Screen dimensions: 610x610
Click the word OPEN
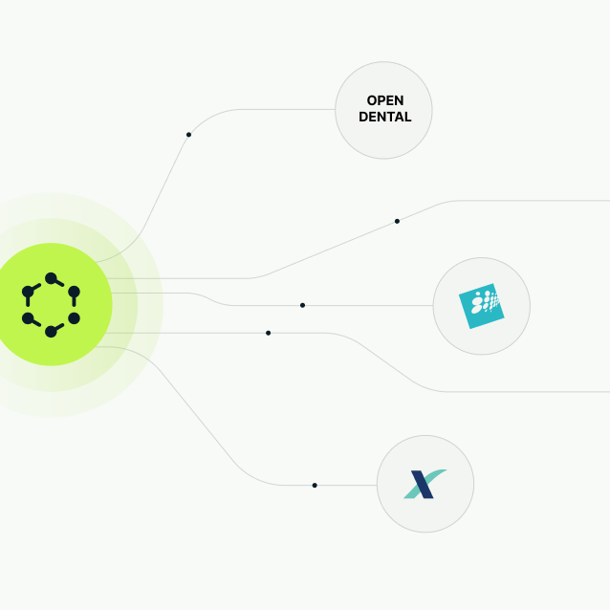pyautogui.click(x=384, y=101)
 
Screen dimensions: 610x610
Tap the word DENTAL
pyautogui.click(x=384, y=118)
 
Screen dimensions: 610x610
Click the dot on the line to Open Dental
pyautogui.click(x=188, y=135)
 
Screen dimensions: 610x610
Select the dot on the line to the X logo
pyautogui.click(x=315, y=486)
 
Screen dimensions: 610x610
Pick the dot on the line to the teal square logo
pyautogui.click(x=302, y=305)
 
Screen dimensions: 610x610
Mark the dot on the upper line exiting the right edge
pyautogui.click(x=397, y=221)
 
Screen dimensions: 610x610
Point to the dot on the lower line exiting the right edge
pyautogui.click(x=268, y=333)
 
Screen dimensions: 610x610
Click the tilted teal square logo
pyautogui.click(x=481, y=306)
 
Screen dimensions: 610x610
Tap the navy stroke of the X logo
pyautogui.click(x=421, y=485)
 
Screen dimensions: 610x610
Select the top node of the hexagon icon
pyautogui.click(x=51, y=278)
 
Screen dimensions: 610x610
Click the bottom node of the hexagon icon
pyautogui.click(x=51, y=332)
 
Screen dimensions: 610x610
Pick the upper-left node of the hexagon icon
pyautogui.click(x=28, y=292)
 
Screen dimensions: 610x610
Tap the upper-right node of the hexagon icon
pyautogui.click(x=74, y=292)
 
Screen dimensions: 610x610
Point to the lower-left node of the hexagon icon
pyautogui.click(x=28, y=318)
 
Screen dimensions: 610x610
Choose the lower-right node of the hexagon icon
pyautogui.click(x=74, y=318)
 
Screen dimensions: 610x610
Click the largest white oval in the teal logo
pyautogui.click(x=476, y=309)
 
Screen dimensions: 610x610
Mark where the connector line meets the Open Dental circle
pyautogui.click(x=336, y=109)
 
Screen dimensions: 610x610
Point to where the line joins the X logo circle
pyautogui.click(x=377, y=486)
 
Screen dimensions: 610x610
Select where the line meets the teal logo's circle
pyautogui.click(x=433, y=306)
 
